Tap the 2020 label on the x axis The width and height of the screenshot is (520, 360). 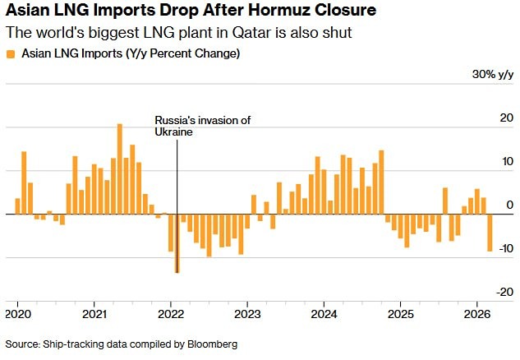18,314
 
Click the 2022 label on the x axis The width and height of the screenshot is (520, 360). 170,314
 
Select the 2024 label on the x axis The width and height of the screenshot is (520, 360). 324,314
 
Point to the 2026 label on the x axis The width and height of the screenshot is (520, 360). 477,314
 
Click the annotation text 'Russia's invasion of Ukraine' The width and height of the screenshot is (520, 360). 202,126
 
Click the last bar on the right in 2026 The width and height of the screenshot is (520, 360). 490,233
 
